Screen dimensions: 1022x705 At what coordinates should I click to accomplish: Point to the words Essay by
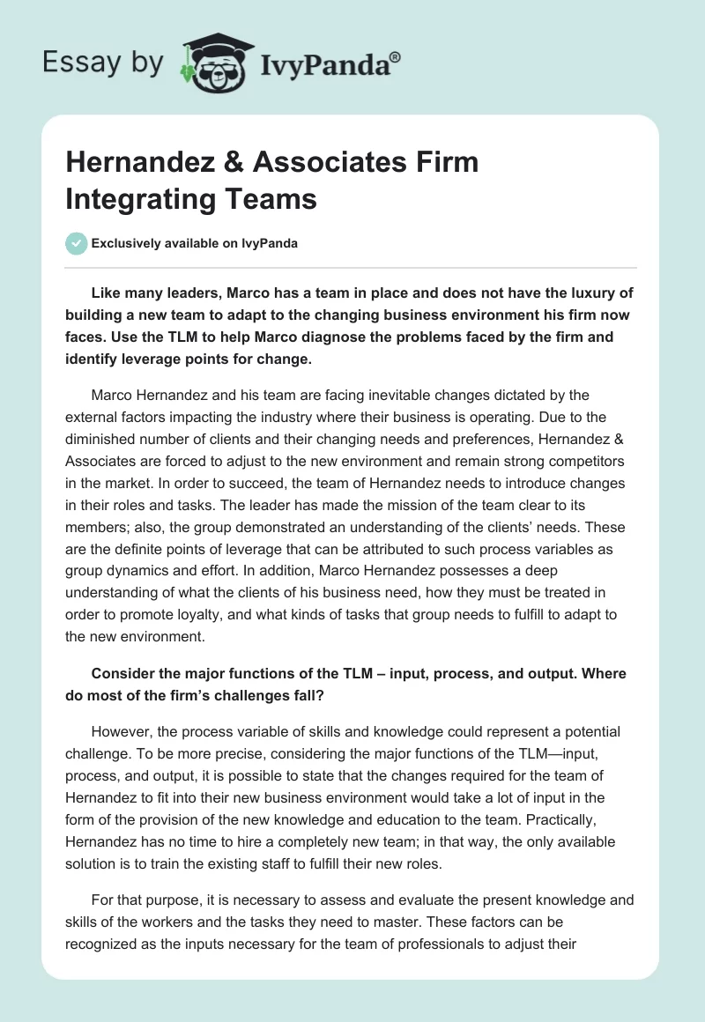[103, 63]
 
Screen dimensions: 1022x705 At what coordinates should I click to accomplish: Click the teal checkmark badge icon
[77, 243]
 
